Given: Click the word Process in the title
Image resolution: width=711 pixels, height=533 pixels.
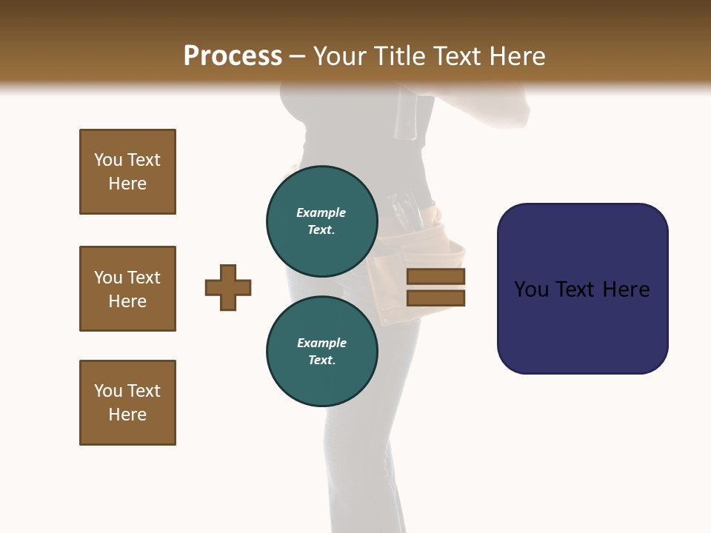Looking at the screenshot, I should [233, 56].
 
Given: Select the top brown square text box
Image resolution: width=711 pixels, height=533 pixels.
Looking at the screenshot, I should [127, 172].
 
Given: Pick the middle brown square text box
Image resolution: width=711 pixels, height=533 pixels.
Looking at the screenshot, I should [127, 289].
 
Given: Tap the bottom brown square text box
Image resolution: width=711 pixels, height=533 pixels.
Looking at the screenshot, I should [127, 403].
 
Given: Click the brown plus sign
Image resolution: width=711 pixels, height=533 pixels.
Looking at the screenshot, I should [228, 287].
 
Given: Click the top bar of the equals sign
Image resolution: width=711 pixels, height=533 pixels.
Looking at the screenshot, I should [435, 277].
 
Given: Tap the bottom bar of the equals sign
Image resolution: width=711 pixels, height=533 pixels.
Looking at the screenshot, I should [435, 298].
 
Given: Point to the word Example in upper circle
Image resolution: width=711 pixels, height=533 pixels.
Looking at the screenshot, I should [321, 212].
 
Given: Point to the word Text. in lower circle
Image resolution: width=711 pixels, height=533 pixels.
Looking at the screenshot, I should [321, 361].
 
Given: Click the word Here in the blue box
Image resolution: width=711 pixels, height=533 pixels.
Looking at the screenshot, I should [626, 289].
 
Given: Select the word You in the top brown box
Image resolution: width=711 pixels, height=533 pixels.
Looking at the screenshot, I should [107, 160].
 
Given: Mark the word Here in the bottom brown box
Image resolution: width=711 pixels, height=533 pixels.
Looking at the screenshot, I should [127, 415].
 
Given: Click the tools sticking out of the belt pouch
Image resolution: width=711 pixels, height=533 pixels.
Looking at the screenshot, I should [404, 207].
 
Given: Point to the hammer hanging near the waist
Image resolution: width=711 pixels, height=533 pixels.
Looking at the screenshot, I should [406, 115].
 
